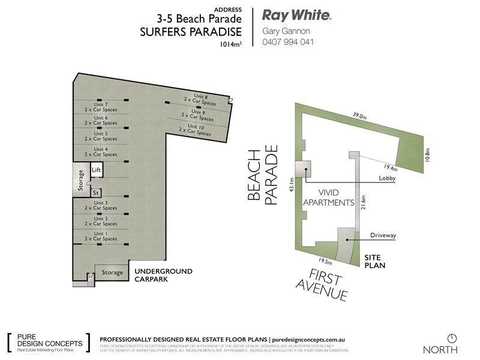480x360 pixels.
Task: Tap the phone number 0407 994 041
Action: tap(288, 42)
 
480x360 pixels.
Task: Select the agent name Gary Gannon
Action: tap(286, 31)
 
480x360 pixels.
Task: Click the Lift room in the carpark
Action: tap(97, 170)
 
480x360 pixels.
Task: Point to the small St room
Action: tap(95, 193)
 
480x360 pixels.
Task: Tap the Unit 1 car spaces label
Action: tap(101, 236)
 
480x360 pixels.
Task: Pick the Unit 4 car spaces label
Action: tap(101, 151)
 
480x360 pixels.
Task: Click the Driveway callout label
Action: tap(383, 235)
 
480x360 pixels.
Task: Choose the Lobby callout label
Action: tap(387, 178)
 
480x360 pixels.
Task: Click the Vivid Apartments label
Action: tap(328, 197)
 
